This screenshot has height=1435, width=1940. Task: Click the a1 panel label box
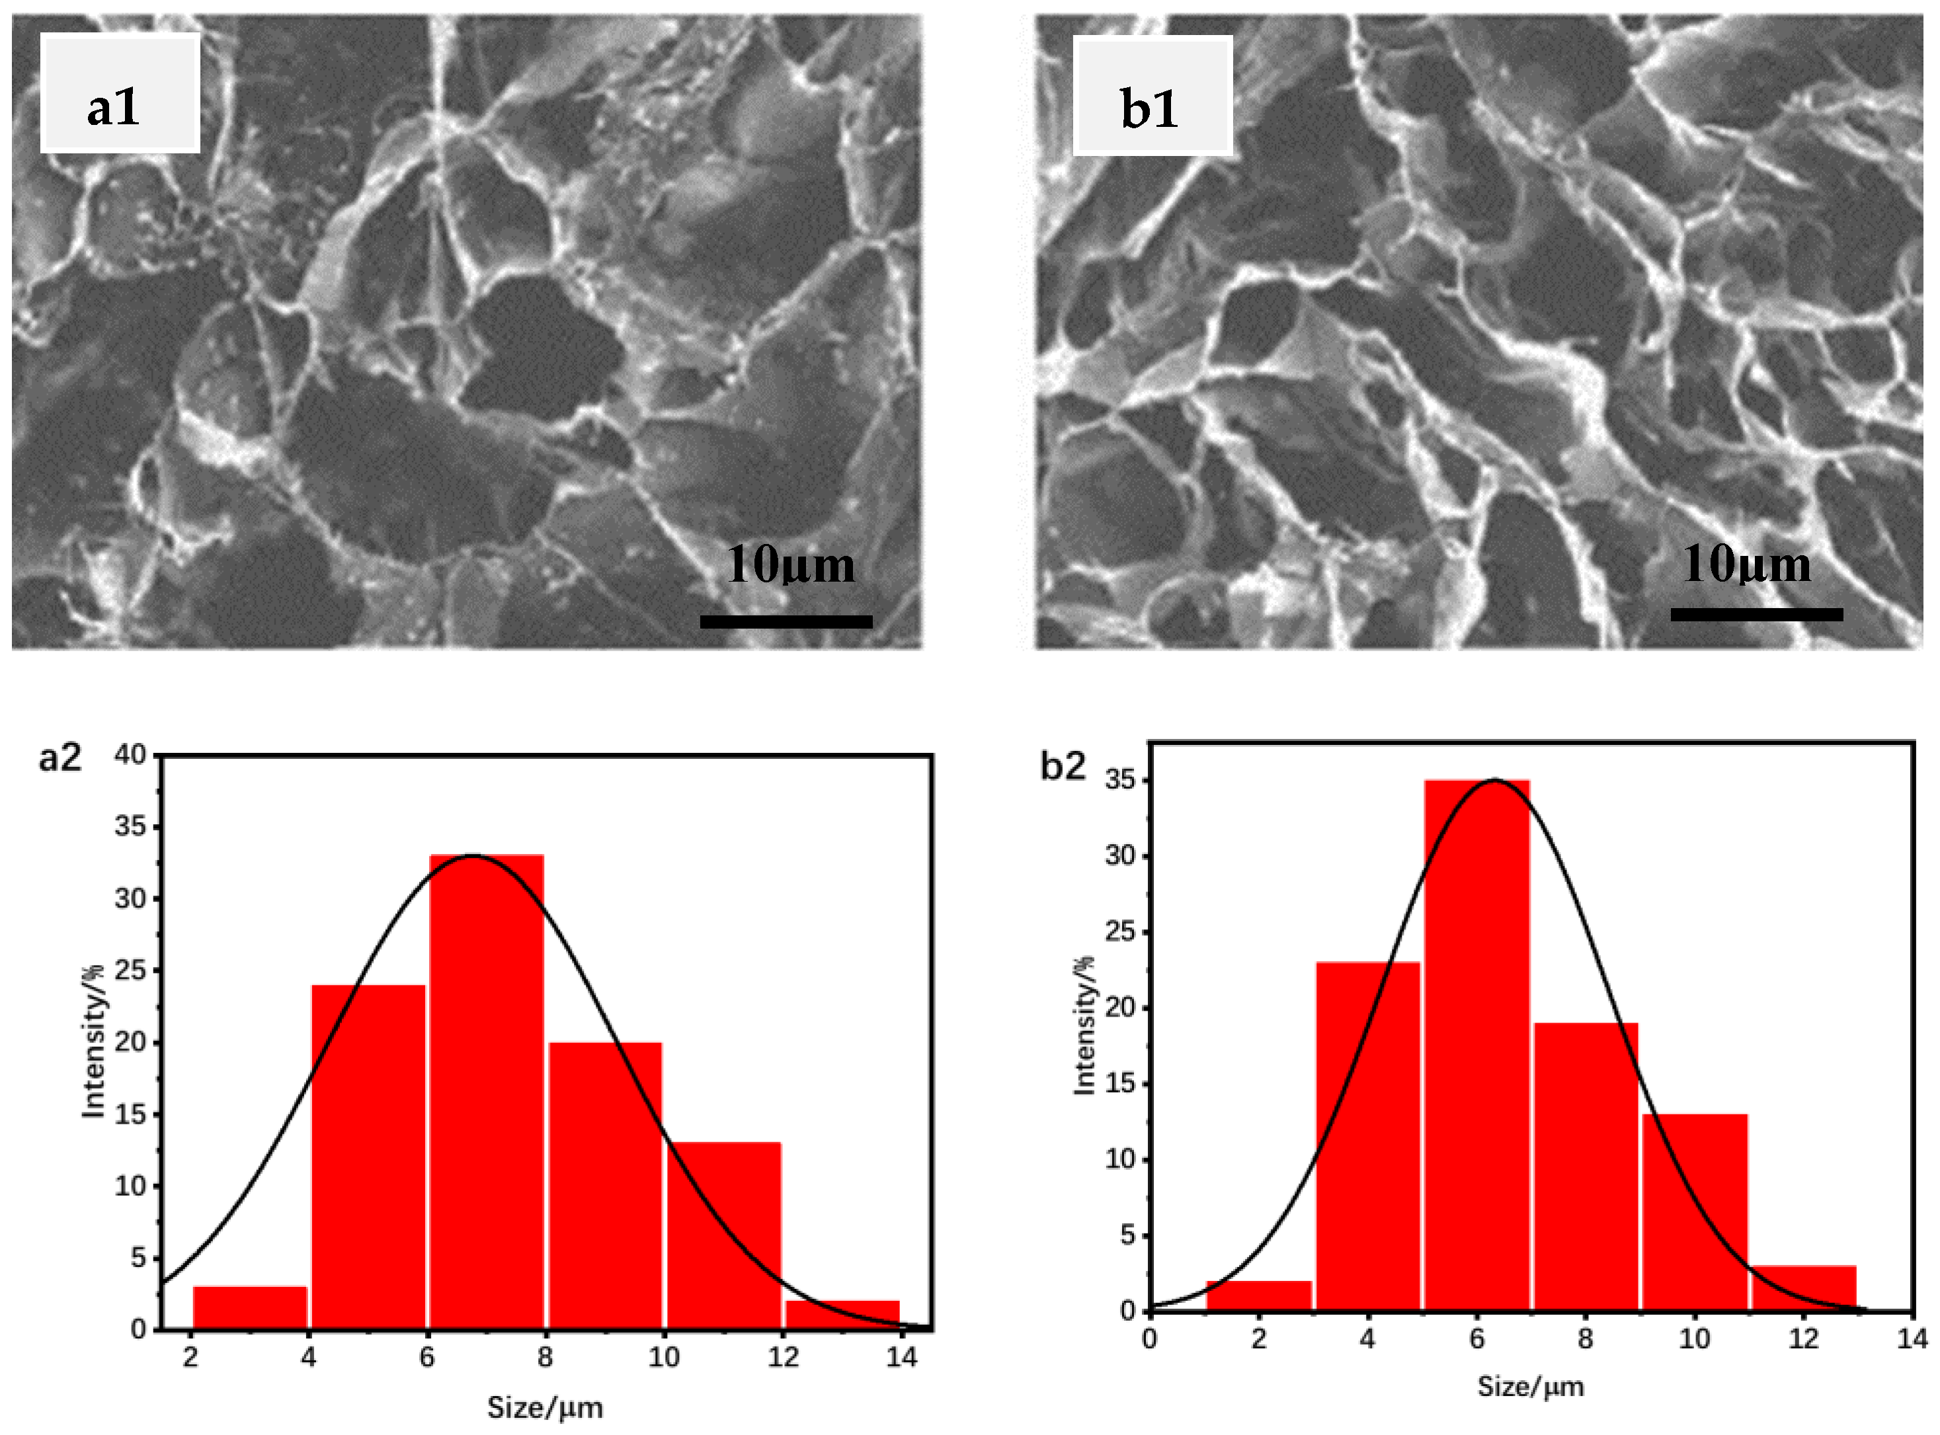click(120, 93)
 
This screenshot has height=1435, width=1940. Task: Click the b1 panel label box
click(1152, 97)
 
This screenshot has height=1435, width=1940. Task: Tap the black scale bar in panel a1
click(786, 621)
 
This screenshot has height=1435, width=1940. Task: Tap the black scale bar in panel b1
click(1756, 614)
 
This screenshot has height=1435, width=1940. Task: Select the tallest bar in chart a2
click(487, 1092)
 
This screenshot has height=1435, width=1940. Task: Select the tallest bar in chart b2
click(1477, 1044)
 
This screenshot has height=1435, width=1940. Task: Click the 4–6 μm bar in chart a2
click(368, 1156)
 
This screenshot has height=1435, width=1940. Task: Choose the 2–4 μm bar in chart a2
click(249, 1307)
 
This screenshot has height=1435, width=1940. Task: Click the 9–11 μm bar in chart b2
click(1695, 1211)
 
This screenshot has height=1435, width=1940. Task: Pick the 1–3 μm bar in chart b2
click(1259, 1294)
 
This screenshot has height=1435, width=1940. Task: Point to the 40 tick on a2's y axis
click(130, 756)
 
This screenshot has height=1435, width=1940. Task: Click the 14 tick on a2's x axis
click(902, 1357)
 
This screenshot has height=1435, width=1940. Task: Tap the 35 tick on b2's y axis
click(1120, 780)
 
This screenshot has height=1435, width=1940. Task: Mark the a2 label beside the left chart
click(60, 758)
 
